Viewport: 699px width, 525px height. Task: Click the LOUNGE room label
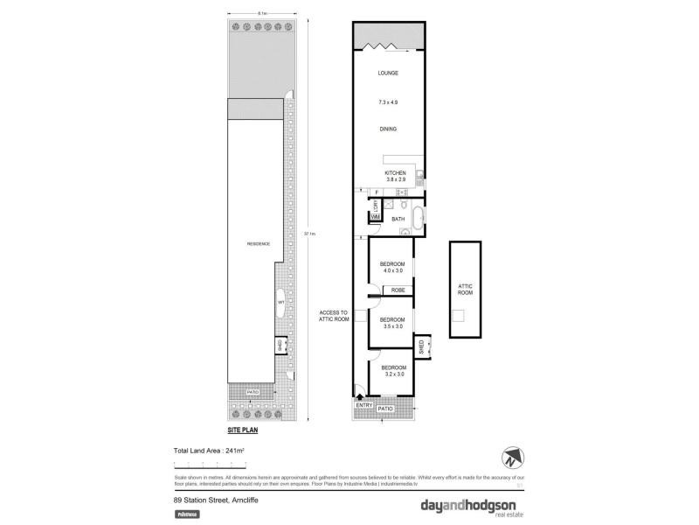[x=388, y=73]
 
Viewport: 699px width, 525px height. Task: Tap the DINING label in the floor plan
[x=388, y=129]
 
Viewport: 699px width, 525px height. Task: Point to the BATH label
[x=398, y=219]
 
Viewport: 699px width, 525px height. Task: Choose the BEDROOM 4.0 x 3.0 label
[x=392, y=267]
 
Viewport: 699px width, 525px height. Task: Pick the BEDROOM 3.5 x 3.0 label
[x=392, y=323]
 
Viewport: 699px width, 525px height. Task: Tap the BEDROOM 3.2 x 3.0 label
[x=393, y=370]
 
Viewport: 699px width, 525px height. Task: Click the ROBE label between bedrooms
[x=397, y=290]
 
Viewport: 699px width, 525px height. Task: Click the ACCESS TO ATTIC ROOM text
[x=334, y=316]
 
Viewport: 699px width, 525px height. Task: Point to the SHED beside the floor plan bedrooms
[x=419, y=348]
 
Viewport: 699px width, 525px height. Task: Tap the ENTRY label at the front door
[x=363, y=406]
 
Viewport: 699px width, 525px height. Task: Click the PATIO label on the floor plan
[x=385, y=409]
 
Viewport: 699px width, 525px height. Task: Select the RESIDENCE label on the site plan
[x=258, y=243]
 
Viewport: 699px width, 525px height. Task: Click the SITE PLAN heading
[x=243, y=430]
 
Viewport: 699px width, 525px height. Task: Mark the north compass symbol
[x=512, y=458]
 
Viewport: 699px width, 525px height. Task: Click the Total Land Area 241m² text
[x=209, y=450]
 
